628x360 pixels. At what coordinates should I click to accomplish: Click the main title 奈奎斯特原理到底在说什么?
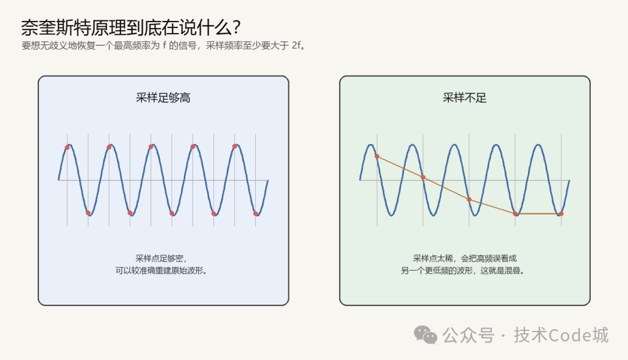(131, 28)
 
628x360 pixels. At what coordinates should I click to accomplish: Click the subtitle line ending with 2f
(164, 45)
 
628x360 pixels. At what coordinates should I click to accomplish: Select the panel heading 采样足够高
(163, 98)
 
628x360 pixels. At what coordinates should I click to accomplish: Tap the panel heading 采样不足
(465, 98)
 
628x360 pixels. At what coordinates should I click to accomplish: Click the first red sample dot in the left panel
(67, 148)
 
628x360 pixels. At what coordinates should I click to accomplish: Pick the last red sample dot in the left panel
(255, 214)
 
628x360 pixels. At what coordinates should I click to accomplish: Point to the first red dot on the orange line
(377, 156)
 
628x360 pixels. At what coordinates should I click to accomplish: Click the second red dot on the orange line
(423, 177)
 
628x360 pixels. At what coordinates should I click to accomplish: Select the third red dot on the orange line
(469, 199)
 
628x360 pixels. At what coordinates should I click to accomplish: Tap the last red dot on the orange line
(561, 214)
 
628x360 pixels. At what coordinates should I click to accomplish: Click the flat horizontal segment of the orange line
(538, 214)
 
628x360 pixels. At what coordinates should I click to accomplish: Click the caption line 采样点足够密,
(162, 258)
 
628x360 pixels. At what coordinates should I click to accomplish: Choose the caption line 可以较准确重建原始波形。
(162, 270)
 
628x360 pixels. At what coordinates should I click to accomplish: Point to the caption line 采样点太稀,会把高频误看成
(465, 258)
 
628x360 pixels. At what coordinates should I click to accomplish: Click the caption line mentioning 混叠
(463, 270)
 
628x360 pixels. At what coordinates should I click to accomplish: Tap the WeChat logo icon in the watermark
(425, 335)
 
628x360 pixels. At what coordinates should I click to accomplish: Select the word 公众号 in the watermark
(469, 335)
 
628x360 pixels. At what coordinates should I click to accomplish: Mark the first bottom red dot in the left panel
(88, 213)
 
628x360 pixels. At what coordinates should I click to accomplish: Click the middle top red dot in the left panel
(151, 147)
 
